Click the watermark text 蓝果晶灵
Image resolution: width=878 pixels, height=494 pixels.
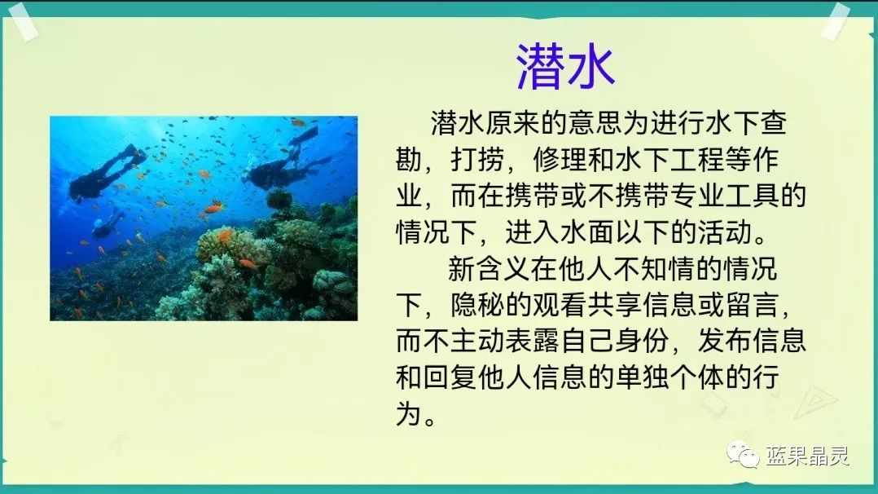[x=807, y=455]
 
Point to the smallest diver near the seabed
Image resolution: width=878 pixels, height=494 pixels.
[x=108, y=223]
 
